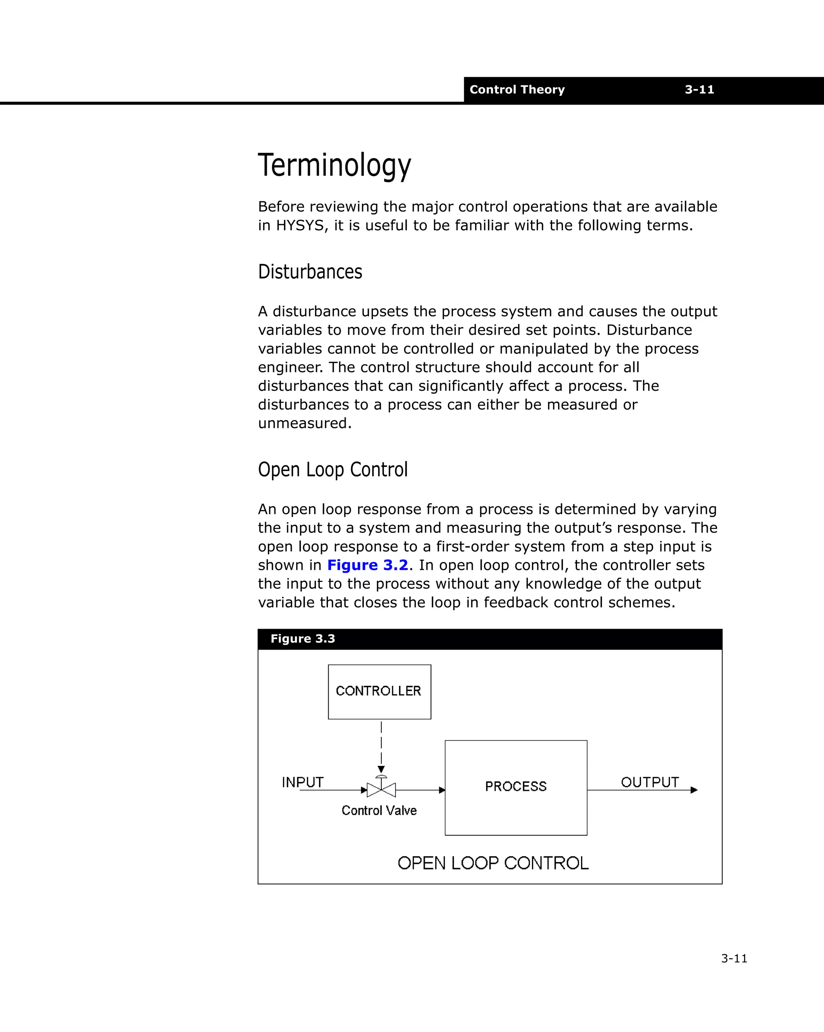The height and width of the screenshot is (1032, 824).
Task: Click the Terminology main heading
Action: (x=334, y=165)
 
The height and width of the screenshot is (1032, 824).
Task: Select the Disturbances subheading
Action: (x=310, y=272)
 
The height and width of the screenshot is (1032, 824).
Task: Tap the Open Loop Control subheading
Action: (x=333, y=470)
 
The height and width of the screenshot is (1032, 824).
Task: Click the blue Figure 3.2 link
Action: (x=367, y=565)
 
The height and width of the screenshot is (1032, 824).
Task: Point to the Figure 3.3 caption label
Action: (x=303, y=639)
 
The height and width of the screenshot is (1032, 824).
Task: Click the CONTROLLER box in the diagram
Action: (x=379, y=691)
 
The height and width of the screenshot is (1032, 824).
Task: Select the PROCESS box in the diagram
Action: (x=515, y=787)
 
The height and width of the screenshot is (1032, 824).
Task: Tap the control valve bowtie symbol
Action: (x=381, y=790)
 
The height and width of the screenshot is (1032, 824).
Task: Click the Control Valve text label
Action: (x=379, y=810)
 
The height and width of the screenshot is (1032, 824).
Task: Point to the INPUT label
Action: (x=303, y=782)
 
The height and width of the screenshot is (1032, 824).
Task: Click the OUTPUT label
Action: (x=649, y=782)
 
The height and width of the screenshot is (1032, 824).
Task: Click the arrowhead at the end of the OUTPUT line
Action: (x=694, y=790)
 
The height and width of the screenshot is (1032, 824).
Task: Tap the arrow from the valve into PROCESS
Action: (x=420, y=790)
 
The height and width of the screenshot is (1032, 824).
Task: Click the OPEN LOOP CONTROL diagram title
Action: (x=492, y=863)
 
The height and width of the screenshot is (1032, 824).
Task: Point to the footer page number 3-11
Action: (x=733, y=958)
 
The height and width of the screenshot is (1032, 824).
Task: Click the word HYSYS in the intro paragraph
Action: (x=301, y=225)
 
